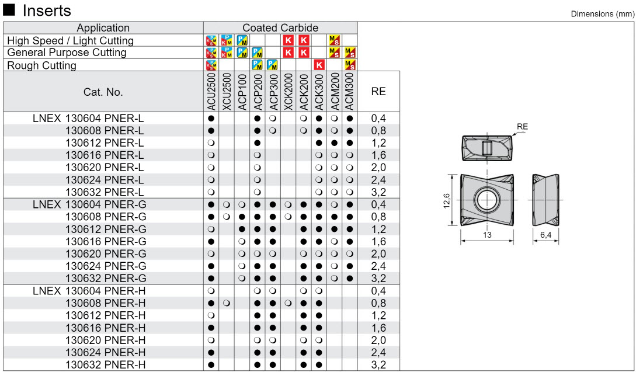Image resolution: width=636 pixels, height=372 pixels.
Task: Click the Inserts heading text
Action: [x=47, y=11]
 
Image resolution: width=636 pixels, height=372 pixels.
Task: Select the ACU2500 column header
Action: [x=211, y=92]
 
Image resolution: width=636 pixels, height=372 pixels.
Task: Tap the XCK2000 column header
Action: [x=289, y=92]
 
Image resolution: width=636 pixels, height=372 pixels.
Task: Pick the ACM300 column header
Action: [x=350, y=92]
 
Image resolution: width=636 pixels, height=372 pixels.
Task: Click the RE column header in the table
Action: [x=378, y=92]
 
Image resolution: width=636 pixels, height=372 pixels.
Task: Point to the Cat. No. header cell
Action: [x=103, y=92]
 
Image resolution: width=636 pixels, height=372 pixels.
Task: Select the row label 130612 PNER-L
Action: [x=105, y=143]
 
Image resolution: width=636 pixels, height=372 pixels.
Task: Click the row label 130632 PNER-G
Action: [x=106, y=279]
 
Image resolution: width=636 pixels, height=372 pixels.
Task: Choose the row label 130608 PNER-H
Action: [x=106, y=303]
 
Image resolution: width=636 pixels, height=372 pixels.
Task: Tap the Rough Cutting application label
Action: [x=42, y=65]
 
